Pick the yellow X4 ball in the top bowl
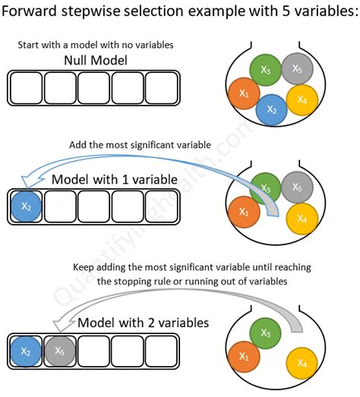coord(302,99)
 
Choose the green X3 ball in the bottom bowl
coord(265,332)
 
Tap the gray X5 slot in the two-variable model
coord(59,351)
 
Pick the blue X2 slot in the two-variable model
coord(26,351)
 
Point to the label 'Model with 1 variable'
coord(114,180)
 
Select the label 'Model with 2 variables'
coord(143,323)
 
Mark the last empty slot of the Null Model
coord(162,87)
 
